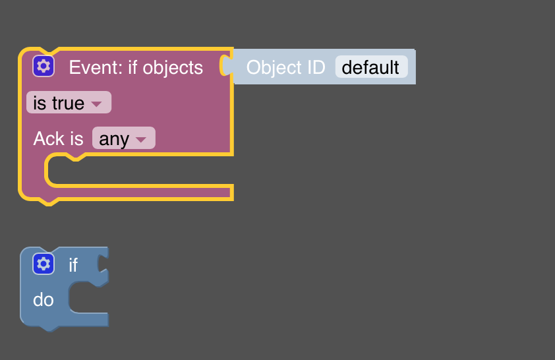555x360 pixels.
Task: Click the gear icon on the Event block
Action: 44,66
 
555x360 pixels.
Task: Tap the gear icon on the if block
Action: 44,264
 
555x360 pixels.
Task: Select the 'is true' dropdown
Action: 69,103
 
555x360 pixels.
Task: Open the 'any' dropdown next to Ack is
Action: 123,138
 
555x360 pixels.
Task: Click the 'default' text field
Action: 371,67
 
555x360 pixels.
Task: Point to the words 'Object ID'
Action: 285,67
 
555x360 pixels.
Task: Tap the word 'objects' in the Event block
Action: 173,68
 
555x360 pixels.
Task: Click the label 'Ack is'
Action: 59,138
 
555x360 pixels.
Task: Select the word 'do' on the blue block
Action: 44,300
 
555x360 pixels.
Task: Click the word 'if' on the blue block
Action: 73,265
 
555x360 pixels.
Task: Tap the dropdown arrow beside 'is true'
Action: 96,104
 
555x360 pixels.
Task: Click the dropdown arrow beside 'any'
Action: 141,140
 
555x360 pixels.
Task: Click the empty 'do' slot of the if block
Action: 88,298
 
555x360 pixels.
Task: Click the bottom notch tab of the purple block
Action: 49,202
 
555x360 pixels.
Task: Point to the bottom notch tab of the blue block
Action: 49,328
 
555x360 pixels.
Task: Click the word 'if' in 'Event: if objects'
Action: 132,67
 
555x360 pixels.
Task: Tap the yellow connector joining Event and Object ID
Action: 225,65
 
